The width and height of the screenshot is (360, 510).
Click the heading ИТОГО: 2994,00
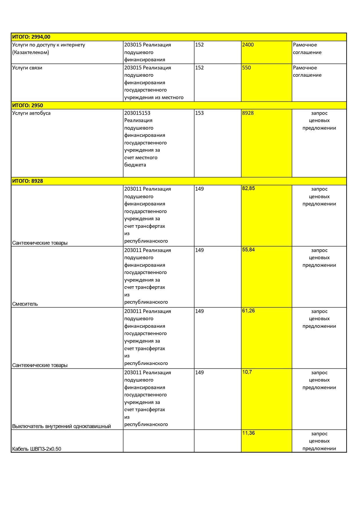coord(31,37)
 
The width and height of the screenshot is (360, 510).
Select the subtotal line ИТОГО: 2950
coord(28,105)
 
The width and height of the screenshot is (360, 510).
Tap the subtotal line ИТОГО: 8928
coord(28,181)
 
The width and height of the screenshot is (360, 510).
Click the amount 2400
coord(248,45)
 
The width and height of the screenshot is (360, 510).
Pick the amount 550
coord(246,68)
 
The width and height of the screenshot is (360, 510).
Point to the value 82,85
coord(249,188)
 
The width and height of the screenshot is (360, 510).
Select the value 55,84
coord(249,250)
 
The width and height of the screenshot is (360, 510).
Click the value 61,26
coord(249,311)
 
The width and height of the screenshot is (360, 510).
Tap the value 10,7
coord(247,372)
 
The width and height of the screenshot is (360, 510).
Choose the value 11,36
coord(249,433)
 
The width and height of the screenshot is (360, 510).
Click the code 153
coord(199,113)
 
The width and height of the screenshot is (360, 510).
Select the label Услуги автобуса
coord(31,113)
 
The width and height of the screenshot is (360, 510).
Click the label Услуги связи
coord(27,68)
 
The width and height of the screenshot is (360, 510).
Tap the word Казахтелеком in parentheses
coord(31,52)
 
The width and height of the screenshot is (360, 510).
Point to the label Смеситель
coord(25,304)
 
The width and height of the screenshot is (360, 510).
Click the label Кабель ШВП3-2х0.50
coord(37,449)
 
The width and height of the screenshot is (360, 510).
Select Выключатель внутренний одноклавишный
coord(62,426)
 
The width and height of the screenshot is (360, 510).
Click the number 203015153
coord(137,113)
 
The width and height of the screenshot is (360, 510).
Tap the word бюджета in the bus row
coord(135,165)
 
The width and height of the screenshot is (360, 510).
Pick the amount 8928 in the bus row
coord(248,113)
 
